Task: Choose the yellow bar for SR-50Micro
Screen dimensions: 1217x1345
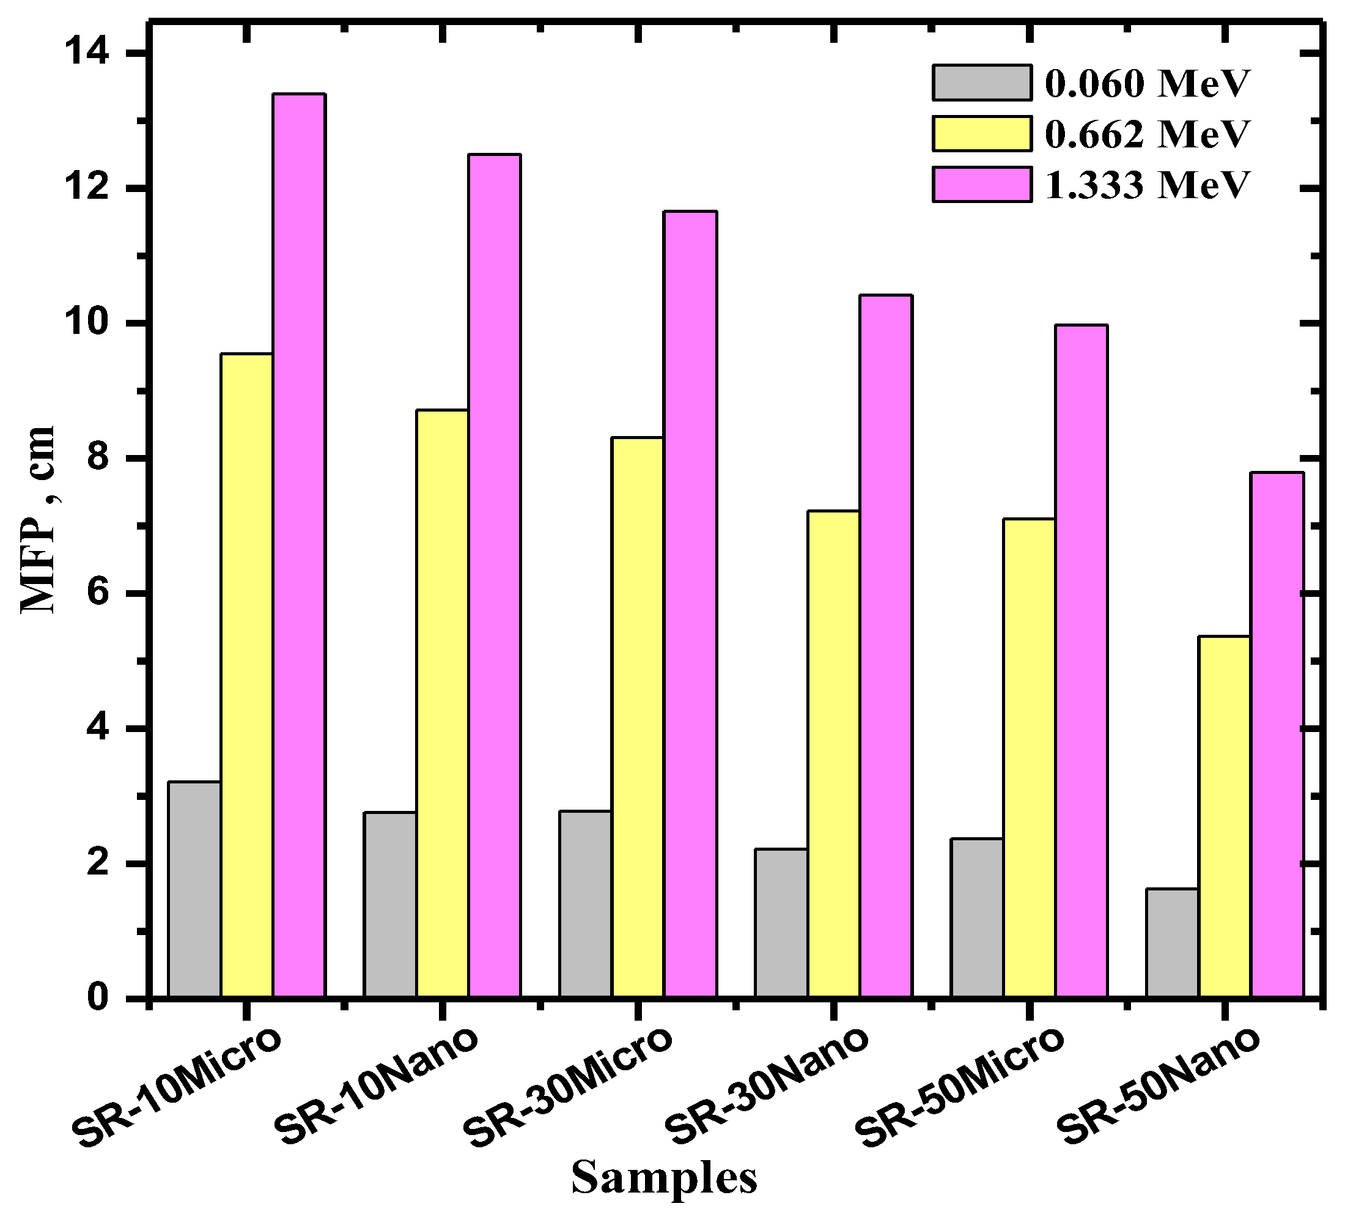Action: (x=1030, y=758)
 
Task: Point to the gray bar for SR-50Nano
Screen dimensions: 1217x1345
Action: (x=1172, y=943)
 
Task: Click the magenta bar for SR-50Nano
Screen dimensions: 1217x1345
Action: (x=1278, y=735)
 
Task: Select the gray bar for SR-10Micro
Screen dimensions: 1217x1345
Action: (x=195, y=889)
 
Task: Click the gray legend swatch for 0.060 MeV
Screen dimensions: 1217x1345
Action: (x=981, y=83)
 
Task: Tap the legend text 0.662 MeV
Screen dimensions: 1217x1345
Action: (x=1146, y=134)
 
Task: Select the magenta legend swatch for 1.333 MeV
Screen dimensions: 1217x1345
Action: (x=981, y=185)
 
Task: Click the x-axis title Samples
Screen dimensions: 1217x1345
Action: (x=665, y=1177)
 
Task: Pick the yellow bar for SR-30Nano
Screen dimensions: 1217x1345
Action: (x=834, y=755)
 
